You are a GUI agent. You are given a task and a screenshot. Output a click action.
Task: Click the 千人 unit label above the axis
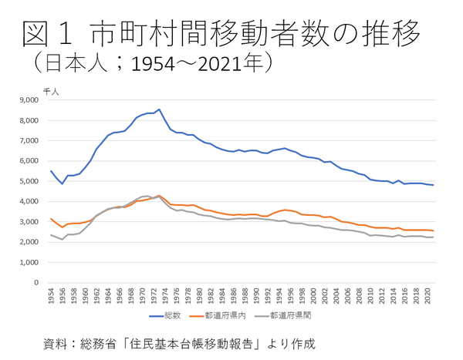(x=49, y=91)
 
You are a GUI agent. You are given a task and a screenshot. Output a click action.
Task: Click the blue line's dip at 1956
(x=63, y=183)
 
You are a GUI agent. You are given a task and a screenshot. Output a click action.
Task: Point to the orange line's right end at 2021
(x=433, y=230)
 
